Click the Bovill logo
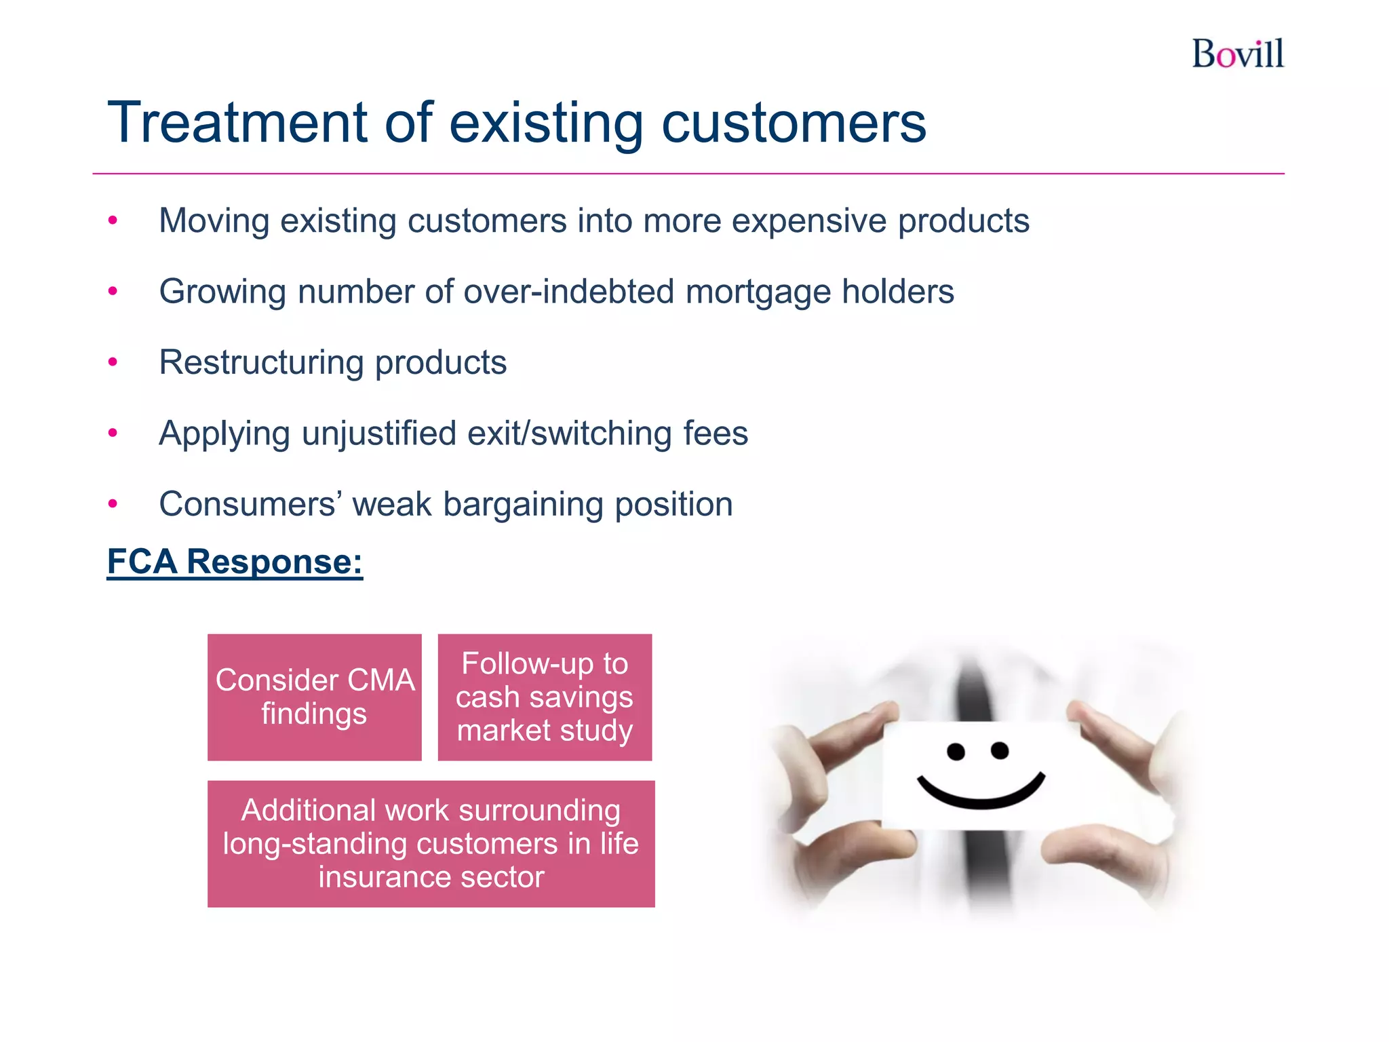click(x=1238, y=54)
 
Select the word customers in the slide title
click(x=794, y=123)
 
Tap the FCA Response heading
click(x=235, y=562)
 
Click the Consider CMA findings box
click(x=315, y=697)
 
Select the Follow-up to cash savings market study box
click(x=545, y=697)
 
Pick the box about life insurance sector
click(x=431, y=843)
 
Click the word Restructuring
click(x=261, y=362)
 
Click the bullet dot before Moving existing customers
click(x=113, y=221)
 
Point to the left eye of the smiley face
click(x=956, y=752)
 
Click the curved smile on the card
click(x=981, y=794)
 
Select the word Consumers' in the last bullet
click(x=250, y=505)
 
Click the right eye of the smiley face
click(x=1000, y=750)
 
